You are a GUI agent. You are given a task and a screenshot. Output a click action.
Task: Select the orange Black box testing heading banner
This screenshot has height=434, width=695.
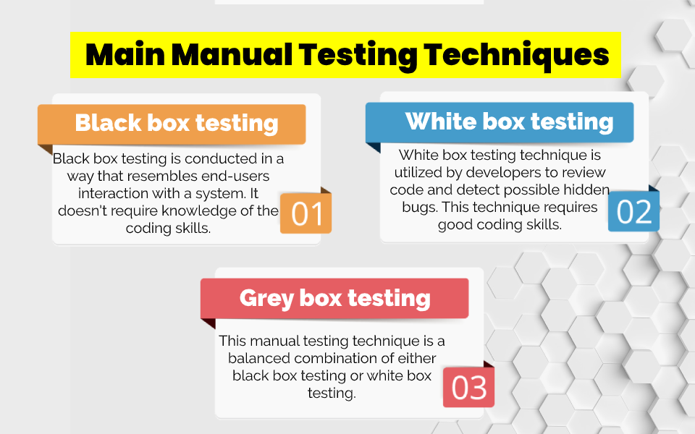click(172, 123)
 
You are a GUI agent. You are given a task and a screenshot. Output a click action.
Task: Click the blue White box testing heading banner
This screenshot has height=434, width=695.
click(500, 121)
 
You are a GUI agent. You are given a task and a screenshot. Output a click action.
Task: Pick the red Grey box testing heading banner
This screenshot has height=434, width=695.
click(334, 297)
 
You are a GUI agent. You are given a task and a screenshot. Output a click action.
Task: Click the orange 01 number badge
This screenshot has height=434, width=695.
click(306, 215)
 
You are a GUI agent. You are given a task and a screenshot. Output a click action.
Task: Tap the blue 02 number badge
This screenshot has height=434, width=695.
click(633, 213)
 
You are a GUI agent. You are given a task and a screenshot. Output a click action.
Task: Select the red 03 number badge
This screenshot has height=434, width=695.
click(468, 388)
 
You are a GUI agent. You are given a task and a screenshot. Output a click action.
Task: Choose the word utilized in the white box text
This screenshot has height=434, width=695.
click(421, 173)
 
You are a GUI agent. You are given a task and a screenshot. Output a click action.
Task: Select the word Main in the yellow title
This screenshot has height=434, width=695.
click(125, 55)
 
